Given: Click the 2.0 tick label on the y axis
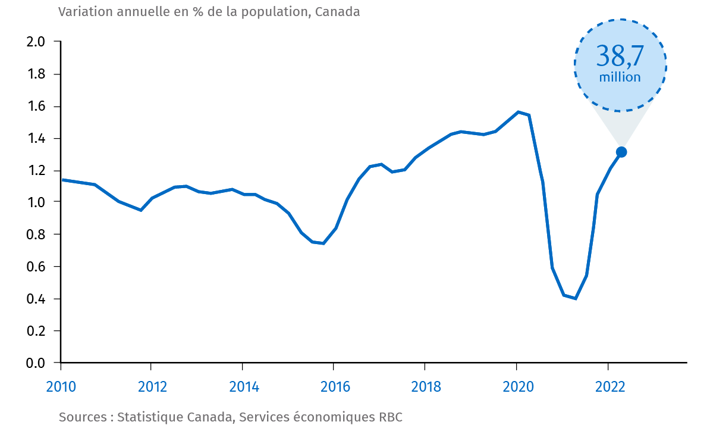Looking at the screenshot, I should coord(36,42).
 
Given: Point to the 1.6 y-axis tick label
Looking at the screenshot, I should coord(36,107).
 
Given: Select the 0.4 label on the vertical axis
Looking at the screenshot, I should coord(36,299).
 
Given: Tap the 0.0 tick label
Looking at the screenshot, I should coord(36,363).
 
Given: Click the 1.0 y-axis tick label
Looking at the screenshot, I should coord(36,202).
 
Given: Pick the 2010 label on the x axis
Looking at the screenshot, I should coord(61,387).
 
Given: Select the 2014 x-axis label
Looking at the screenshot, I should coord(244,387).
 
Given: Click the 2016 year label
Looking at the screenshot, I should coord(335,387).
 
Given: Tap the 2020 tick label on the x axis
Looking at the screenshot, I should coord(517,387).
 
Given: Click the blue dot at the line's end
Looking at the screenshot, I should coord(621,152).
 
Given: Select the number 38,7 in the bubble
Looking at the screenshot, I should coord(620,57).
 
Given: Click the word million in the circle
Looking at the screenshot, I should coord(620,77).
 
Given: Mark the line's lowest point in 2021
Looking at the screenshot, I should coord(575,298).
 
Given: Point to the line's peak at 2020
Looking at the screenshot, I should coord(518,112).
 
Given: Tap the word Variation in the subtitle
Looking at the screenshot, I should coord(81,12).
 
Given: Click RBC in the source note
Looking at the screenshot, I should coord(391,417).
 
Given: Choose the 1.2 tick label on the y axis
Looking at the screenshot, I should coord(36,171).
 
